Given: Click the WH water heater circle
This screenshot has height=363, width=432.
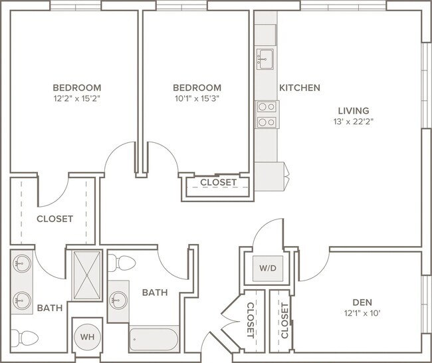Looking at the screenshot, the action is [87, 337].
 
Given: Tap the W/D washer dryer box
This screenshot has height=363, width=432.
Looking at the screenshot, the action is [268, 268].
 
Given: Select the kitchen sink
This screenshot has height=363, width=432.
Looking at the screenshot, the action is [265, 59].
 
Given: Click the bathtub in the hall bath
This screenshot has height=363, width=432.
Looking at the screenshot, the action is [154, 340].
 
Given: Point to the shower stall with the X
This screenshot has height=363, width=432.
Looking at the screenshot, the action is [86, 275].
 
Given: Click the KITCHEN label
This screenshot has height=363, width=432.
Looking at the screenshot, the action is [300, 88].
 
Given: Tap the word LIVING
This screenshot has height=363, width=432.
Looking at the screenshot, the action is [354, 111].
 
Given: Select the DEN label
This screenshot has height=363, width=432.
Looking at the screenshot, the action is [362, 302].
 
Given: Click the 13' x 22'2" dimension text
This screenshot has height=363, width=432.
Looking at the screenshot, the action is [354, 122].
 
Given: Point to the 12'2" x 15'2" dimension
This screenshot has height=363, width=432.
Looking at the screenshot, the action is [76, 98].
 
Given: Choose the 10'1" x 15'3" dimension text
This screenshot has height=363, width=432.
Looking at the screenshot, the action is [197, 98].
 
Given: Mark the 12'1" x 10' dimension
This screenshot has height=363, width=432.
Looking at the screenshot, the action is [362, 313].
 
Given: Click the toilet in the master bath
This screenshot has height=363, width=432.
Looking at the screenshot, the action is [24, 338].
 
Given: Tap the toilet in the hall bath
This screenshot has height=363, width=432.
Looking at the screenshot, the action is [122, 263].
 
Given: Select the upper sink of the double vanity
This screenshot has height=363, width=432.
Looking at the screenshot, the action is [22, 264].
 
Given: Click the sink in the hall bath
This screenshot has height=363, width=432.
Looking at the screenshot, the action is [118, 301].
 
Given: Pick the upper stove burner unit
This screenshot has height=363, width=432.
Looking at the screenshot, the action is [267, 106].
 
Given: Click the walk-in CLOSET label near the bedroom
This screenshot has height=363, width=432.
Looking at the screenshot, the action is [54, 219].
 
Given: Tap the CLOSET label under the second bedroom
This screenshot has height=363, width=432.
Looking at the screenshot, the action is [218, 182].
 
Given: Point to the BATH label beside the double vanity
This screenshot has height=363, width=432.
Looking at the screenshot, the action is [50, 308].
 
